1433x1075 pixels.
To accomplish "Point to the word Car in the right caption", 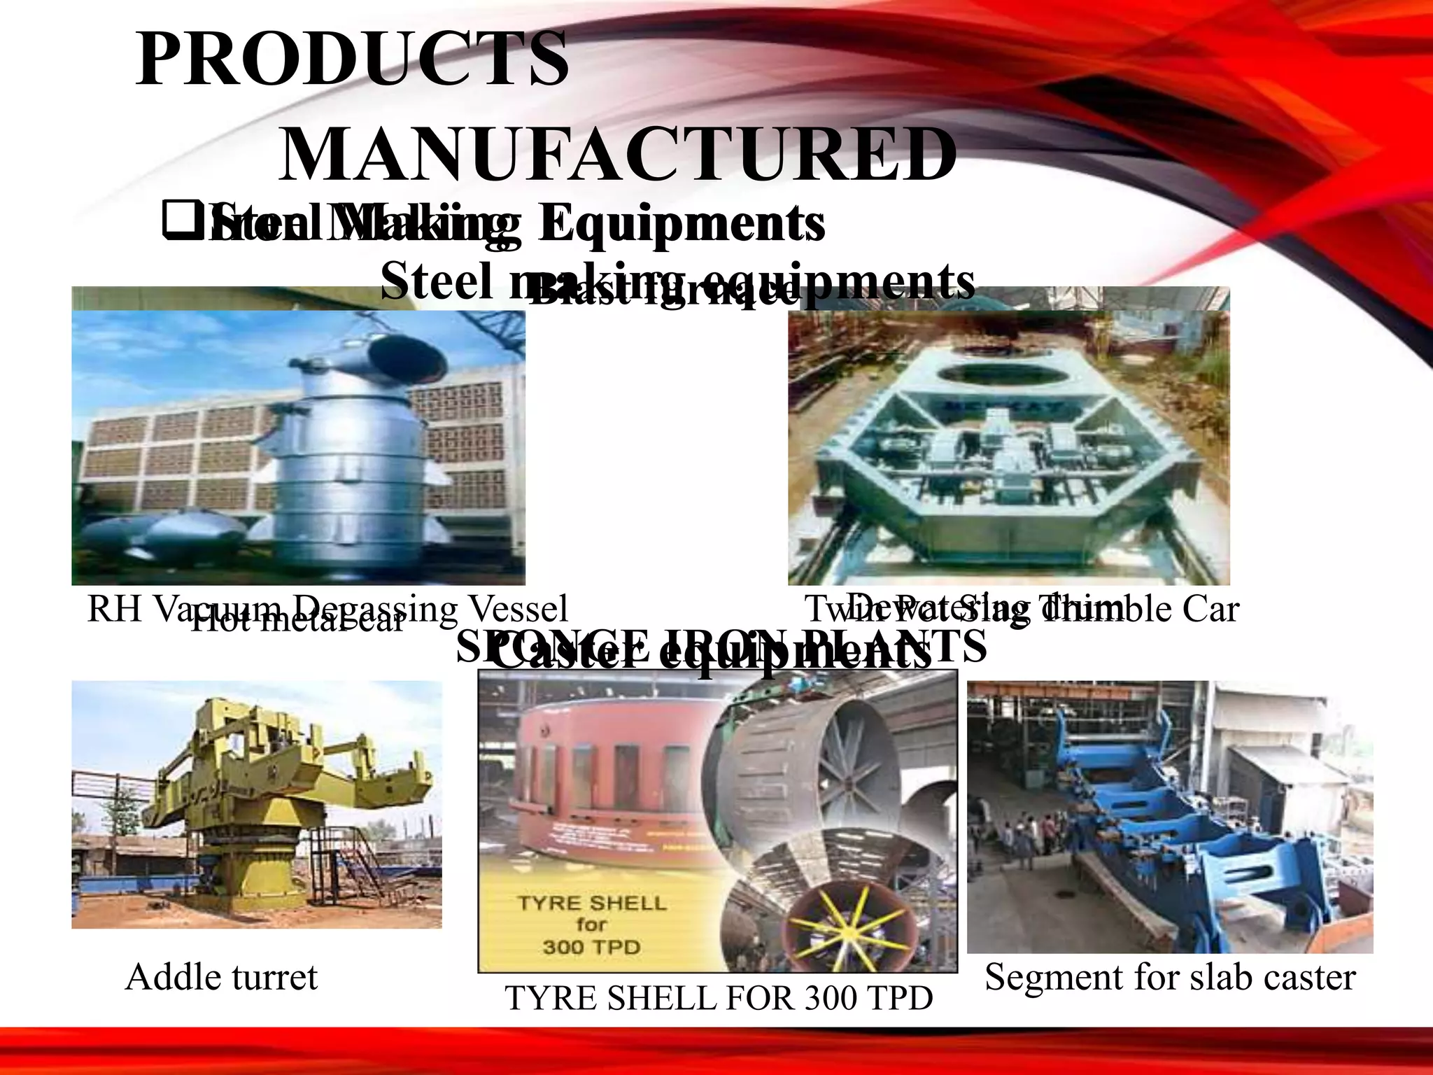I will [1210, 609].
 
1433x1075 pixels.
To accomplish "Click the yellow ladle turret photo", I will [256, 805].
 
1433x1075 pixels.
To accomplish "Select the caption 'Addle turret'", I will [221, 977].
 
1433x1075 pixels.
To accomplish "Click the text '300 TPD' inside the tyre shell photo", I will [591, 947].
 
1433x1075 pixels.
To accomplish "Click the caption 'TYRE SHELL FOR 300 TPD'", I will [718, 998].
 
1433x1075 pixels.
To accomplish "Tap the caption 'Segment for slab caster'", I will [1170, 977].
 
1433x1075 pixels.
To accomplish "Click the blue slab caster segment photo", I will [1170, 816].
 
